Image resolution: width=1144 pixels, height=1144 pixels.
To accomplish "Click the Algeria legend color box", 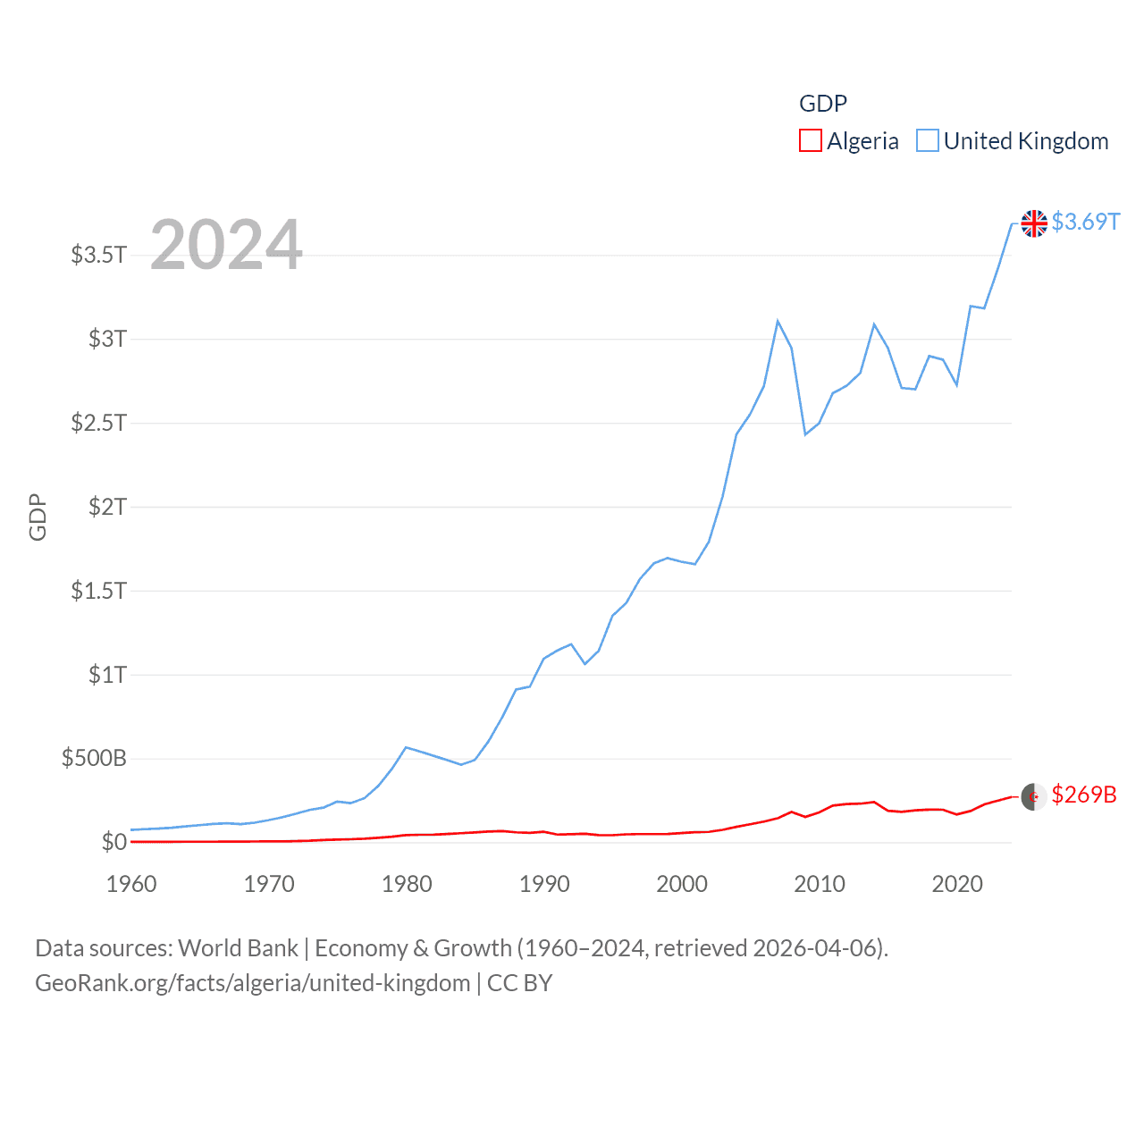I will (x=810, y=141).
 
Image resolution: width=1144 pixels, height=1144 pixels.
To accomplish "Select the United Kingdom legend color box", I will (x=928, y=141).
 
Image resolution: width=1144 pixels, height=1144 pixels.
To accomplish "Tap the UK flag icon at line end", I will (x=1034, y=223).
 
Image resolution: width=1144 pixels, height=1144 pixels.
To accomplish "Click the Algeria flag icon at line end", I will (x=1034, y=796).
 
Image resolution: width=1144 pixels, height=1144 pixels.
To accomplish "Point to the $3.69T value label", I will (x=1085, y=222).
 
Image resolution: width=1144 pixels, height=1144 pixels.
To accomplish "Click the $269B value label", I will (x=1083, y=795).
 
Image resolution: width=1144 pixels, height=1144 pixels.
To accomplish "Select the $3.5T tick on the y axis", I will (x=98, y=255).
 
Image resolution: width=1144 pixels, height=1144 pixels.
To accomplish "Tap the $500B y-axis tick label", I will (x=94, y=759).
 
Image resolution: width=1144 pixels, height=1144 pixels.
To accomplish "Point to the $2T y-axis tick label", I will (x=107, y=507).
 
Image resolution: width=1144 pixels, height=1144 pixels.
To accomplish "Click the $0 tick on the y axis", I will (x=114, y=842).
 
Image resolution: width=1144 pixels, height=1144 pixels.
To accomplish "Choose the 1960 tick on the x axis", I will (x=131, y=884).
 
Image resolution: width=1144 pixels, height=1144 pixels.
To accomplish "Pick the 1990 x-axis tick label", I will (x=544, y=884).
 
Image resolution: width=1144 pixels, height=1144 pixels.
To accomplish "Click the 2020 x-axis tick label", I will (x=957, y=884).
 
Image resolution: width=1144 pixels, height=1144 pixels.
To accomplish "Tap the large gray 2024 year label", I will (x=226, y=245).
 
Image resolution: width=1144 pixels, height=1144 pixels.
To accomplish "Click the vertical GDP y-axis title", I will (x=38, y=517).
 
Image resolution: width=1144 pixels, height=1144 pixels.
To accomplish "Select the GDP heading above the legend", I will (x=822, y=104).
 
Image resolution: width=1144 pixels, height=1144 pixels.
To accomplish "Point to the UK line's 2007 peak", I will (x=778, y=321).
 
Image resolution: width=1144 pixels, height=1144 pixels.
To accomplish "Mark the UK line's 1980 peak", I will (x=407, y=747).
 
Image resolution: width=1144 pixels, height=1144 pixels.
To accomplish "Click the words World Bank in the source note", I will (x=238, y=947).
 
